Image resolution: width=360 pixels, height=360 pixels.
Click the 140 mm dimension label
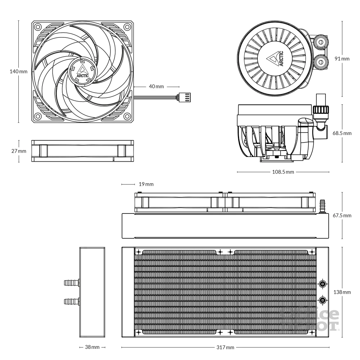18,72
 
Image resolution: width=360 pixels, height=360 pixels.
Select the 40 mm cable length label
156,87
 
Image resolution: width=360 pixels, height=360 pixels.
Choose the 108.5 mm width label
283,172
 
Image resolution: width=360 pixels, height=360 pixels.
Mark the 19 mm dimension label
146,184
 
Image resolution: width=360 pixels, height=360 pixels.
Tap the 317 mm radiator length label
226,348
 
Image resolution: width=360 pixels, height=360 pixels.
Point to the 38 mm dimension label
92,348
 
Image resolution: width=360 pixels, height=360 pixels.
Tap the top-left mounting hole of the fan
37,27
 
